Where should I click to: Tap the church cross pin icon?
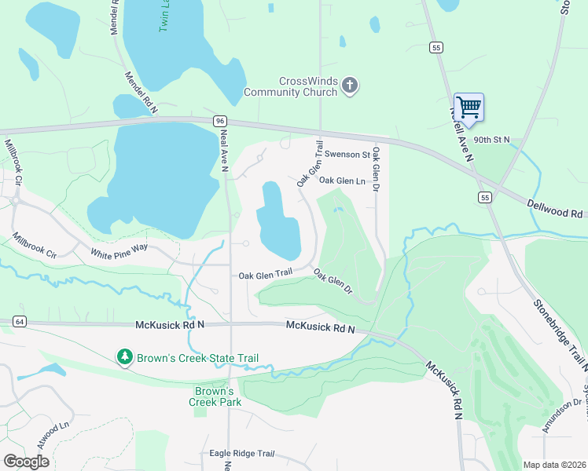(351, 86)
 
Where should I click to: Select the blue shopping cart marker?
(469, 108)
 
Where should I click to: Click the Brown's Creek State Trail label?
(197, 358)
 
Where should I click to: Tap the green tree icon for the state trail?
(124, 358)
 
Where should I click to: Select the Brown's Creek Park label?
(215, 396)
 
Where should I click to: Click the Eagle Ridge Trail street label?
(241, 454)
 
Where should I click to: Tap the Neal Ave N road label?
(224, 149)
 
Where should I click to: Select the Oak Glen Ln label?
(343, 181)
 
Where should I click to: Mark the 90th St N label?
(492, 140)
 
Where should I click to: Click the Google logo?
(26, 461)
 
